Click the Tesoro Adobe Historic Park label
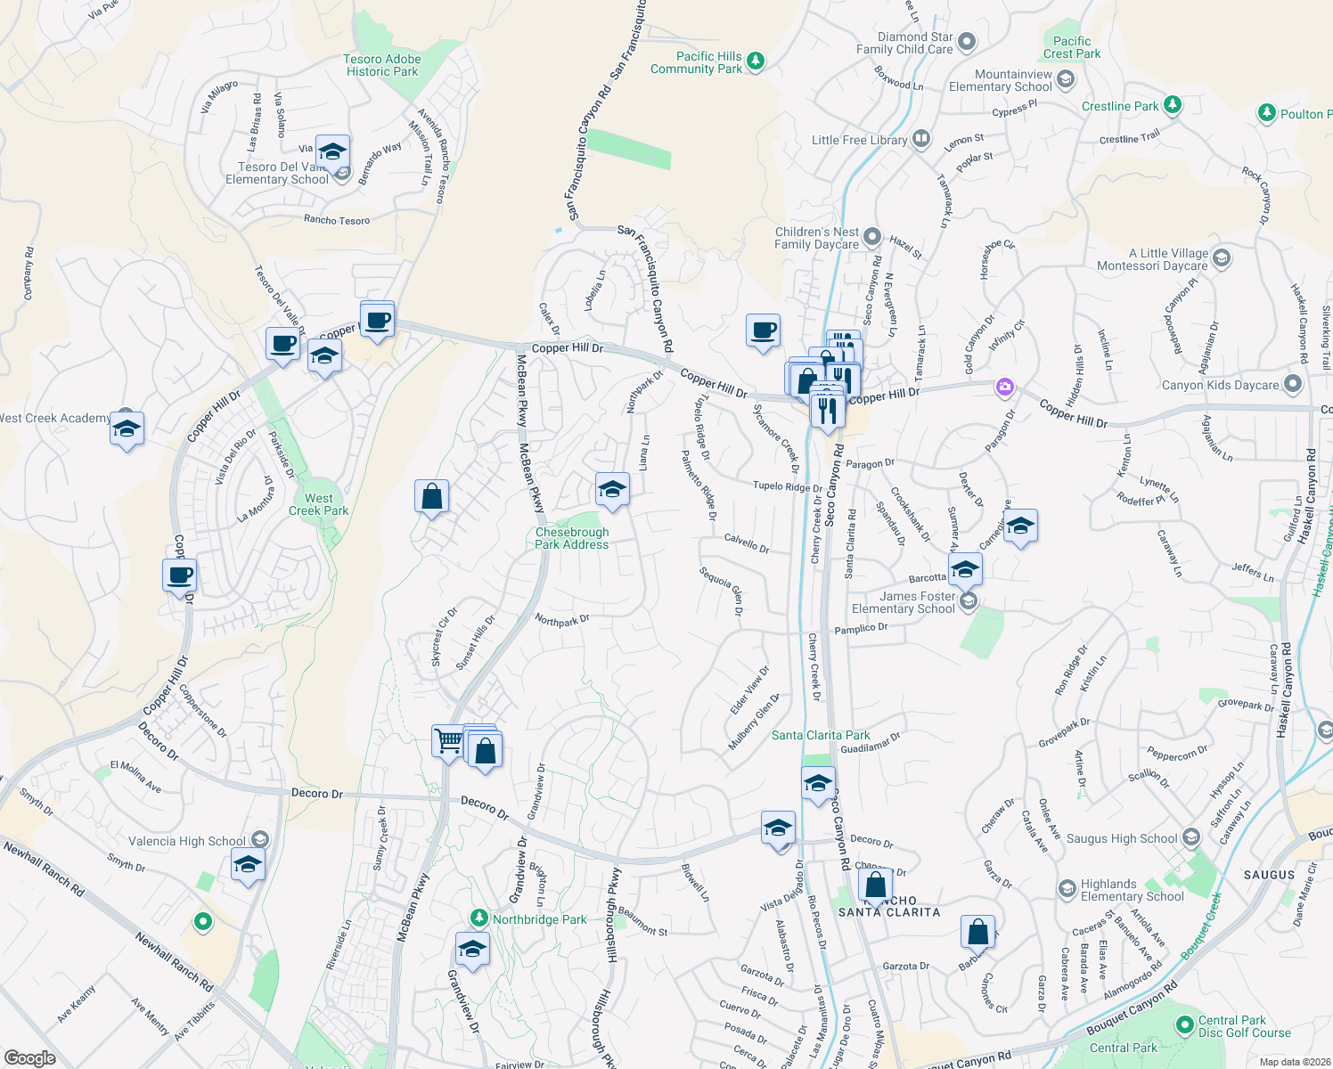tap(382, 65)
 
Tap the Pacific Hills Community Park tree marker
tap(756, 61)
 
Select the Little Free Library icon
tap(921, 140)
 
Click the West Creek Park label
tap(318, 504)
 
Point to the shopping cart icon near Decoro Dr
tap(447, 739)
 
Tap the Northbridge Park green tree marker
tap(479, 918)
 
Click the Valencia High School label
tap(187, 841)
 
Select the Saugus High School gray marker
tap(1191, 837)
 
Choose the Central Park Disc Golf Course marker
tap(1184, 1026)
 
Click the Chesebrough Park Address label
tap(572, 538)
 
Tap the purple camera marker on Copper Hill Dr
tap(1005, 386)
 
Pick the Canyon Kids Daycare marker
tap(1293, 385)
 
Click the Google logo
tap(29, 1057)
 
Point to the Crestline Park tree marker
tap(1173, 106)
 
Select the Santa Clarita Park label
tap(821, 735)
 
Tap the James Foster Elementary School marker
tap(969, 602)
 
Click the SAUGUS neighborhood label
tap(1269, 875)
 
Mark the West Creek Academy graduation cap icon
tap(127, 428)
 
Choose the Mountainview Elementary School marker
tap(1065, 80)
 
